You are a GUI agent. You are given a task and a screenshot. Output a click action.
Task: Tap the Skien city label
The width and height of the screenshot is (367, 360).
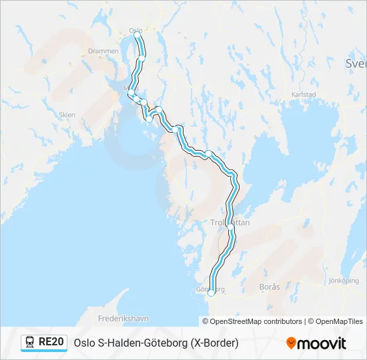tap(67, 115)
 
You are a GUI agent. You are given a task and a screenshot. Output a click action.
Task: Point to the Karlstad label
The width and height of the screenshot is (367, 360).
tap(304, 95)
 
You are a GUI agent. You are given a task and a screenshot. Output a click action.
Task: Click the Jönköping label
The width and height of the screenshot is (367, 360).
tap(344, 281)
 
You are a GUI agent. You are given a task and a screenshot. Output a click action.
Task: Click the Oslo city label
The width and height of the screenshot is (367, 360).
tap(135, 30)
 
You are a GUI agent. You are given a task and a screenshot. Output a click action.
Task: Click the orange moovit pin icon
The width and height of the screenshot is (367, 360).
tap(291, 343)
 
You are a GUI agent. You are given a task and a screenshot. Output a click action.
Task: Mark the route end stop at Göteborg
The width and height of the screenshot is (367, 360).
tap(212, 292)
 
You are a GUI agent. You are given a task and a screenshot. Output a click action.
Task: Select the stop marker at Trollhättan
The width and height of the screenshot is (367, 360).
tap(231, 227)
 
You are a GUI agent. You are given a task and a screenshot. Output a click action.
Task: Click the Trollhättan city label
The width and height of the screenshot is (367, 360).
tap(230, 223)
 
